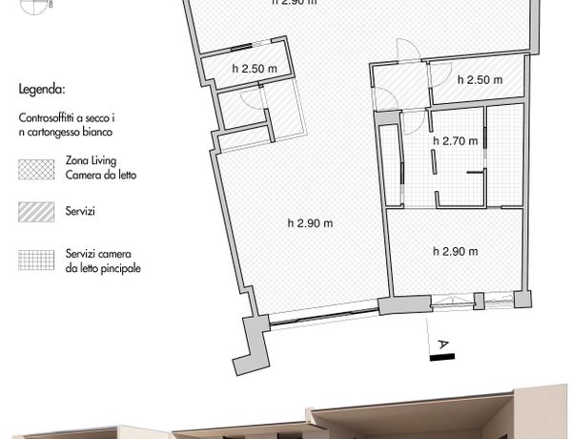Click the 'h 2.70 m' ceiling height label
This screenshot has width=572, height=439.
456,140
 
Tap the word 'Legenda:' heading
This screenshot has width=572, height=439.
42,89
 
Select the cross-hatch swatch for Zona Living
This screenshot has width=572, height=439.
36,170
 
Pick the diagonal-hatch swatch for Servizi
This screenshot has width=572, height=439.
36,212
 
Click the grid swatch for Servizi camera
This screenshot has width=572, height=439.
36,260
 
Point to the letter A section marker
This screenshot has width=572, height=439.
443,345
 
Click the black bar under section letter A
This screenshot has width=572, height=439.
442,357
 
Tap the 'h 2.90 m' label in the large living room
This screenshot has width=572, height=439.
310,222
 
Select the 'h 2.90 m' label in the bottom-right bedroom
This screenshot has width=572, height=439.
456,251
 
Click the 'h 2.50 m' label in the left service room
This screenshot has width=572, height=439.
255,69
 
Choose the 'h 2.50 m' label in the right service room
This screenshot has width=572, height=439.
480,79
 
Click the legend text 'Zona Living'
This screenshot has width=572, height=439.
91,160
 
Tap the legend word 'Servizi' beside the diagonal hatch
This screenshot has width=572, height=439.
80,211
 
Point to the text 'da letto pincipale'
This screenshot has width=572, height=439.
103,268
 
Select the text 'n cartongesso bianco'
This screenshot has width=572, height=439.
65,132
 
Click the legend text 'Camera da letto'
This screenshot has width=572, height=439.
101,175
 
